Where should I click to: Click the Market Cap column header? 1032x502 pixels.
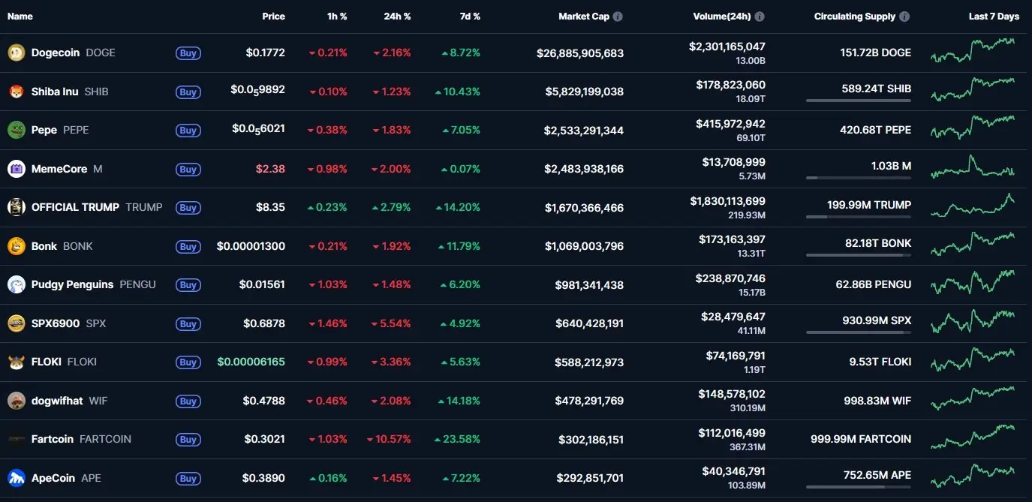(584, 17)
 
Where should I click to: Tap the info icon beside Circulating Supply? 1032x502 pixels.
(904, 17)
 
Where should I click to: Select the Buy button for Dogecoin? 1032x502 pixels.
(188, 53)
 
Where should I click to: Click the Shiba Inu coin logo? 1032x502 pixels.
(16, 92)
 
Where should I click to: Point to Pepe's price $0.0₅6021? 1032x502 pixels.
(258, 130)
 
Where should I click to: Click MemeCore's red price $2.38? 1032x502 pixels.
(270, 169)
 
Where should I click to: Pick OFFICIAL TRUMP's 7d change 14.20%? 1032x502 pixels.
(462, 207)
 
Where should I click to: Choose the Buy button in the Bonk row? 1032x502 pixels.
(188, 246)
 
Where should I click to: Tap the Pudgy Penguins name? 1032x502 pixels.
(72, 284)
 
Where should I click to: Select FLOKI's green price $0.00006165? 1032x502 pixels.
(251, 362)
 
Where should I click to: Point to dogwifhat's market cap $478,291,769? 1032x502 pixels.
(589, 401)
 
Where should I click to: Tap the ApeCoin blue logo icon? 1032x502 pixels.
(16, 478)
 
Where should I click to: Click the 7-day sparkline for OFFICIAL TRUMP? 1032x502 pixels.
(973, 206)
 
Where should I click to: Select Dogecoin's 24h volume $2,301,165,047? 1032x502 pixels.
(727, 47)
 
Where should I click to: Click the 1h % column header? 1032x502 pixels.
(338, 17)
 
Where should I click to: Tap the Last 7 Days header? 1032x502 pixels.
(994, 17)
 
